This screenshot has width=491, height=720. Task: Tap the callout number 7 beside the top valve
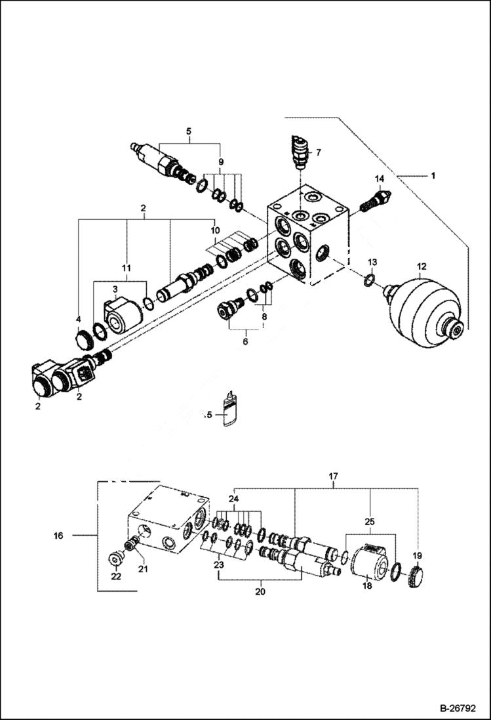[318, 152]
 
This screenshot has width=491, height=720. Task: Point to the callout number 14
[379, 179]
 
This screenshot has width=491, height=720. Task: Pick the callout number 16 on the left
[59, 536]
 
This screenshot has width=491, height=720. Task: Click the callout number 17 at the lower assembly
[333, 476]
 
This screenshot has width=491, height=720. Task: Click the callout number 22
[115, 576]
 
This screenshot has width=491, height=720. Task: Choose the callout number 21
[142, 569]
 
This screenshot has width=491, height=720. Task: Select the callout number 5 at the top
[188, 131]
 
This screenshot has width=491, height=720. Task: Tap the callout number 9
[221, 161]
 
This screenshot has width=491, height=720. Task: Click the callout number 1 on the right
[432, 176]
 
